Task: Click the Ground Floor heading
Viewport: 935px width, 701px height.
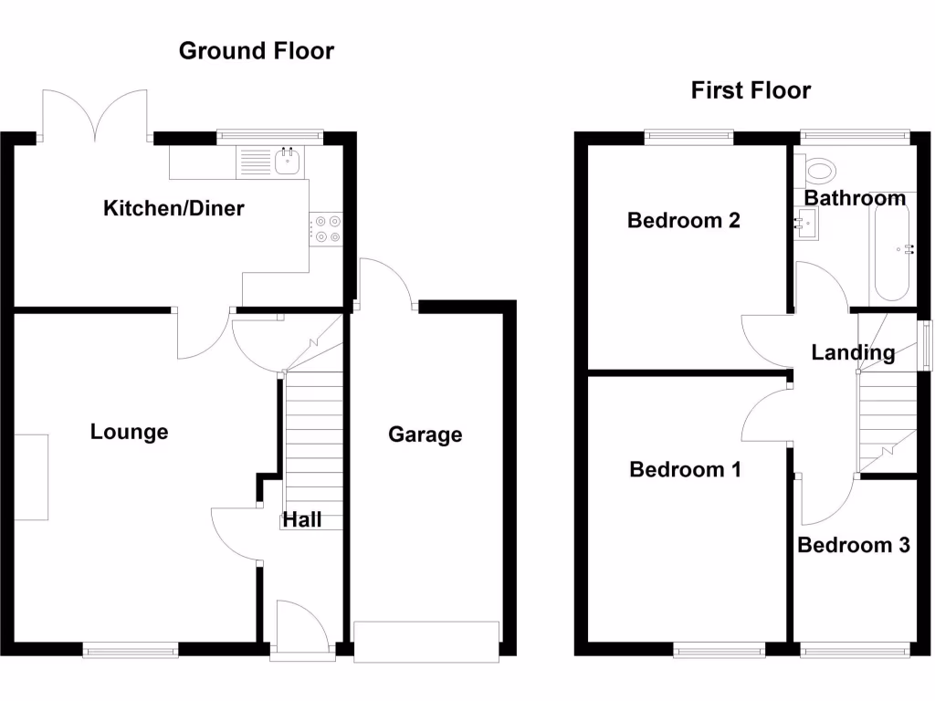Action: click(x=256, y=51)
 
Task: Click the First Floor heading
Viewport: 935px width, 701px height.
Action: click(x=751, y=90)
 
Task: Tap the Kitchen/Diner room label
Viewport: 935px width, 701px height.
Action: click(x=173, y=208)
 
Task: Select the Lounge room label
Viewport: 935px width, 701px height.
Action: click(x=129, y=432)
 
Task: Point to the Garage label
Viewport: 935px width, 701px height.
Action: click(x=425, y=434)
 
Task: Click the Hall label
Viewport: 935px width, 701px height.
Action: click(x=301, y=519)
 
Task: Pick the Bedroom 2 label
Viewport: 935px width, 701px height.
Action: click(x=683, y=220)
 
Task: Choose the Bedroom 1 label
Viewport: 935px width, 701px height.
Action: click(x=685, y=469)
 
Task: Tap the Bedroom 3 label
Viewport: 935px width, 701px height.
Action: click(x=853, y=545)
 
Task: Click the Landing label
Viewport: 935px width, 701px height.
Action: click(x=853, y=352)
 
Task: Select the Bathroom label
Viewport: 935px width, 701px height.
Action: click(x=855, y=198)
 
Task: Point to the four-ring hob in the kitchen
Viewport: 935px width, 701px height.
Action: click(x=326, y=228)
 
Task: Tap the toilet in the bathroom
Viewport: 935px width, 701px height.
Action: click(x=819, y=170)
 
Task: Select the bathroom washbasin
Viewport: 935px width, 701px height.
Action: click(x=805, y=221)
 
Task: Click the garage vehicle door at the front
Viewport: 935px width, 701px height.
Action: click(x=426, y=642)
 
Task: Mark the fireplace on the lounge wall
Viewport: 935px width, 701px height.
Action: click(x=31, y=476)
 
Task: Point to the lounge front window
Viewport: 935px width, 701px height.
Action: click(x=130, y=650)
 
